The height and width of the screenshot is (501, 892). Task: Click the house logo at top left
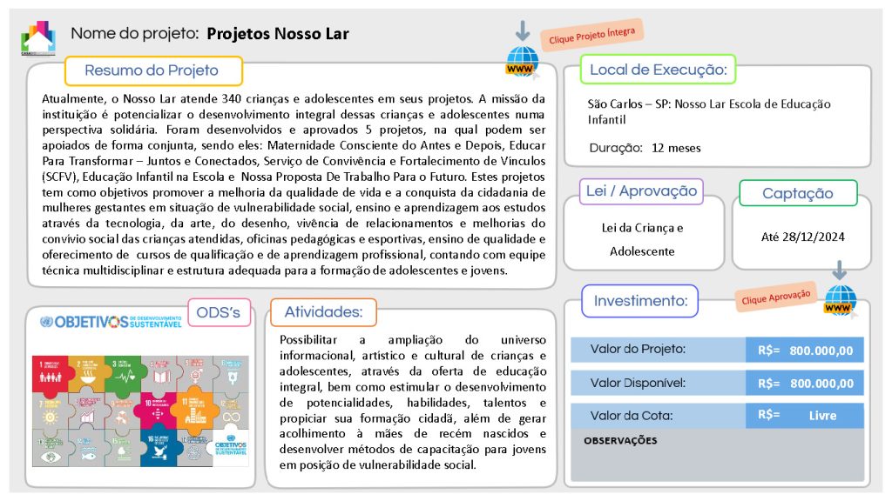pyautogui.click(x=37, y=37)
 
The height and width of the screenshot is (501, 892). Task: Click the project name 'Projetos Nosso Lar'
pyautogui.click(x=278, y=34)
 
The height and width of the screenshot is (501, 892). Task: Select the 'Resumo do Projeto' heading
pyautogui.click(x=152, y=70)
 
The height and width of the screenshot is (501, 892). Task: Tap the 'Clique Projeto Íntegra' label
pyautogui.click(x=591, y=36)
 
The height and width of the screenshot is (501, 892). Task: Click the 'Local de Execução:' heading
pyautogui.click(x=659, y=70)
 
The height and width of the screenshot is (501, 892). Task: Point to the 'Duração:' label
pyautogui.click(x=615, y=147)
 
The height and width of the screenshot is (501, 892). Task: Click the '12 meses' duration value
pyautogui.click(x=676, y=147)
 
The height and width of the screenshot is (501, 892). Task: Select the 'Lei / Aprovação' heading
pyautogui.click(x=641, y=191)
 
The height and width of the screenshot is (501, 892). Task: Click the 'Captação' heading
pyautogui.click(x=797, y=193)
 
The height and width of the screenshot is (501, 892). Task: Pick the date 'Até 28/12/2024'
pyautogui.click(x=802, y=236)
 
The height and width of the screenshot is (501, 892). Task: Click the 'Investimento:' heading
pyautogui.click(x=640, y=301)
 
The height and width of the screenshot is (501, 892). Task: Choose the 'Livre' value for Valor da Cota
pyautogui.click(x=822, y=415)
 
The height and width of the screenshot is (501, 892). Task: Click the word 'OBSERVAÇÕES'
pyautogui.click(x=620, y=440)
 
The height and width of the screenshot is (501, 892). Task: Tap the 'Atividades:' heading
pyautogui.click(x=323, y=312)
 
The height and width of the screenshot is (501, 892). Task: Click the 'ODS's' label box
pyautogui.click(x=219, y=312)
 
